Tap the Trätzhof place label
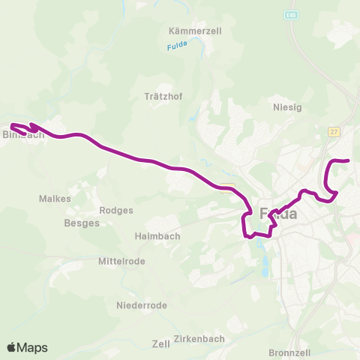pos(160,96)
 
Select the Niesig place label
pos(287,107)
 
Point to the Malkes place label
pos(55,199)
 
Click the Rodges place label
pos(116,210)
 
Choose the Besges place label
pos(81,223)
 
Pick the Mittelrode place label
pos(122,261)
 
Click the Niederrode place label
pos(142,305)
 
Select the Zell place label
pos(160,343)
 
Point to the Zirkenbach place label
pos(199,339)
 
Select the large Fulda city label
pos(278,214)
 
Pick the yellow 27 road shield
pos(334,131)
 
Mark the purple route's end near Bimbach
pos(12,124)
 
